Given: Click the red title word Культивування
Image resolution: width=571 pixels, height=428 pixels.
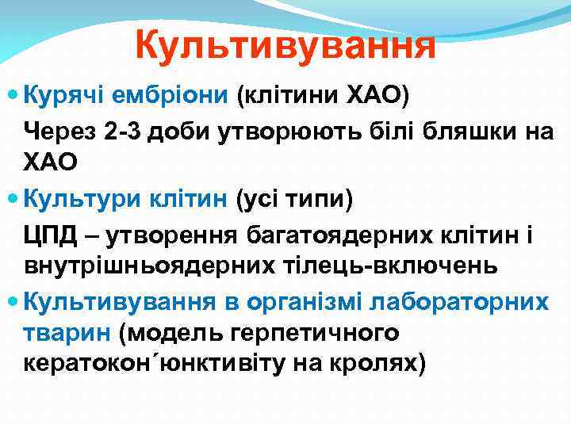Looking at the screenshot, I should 285,45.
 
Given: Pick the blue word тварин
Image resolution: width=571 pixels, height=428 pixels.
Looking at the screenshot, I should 66,332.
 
